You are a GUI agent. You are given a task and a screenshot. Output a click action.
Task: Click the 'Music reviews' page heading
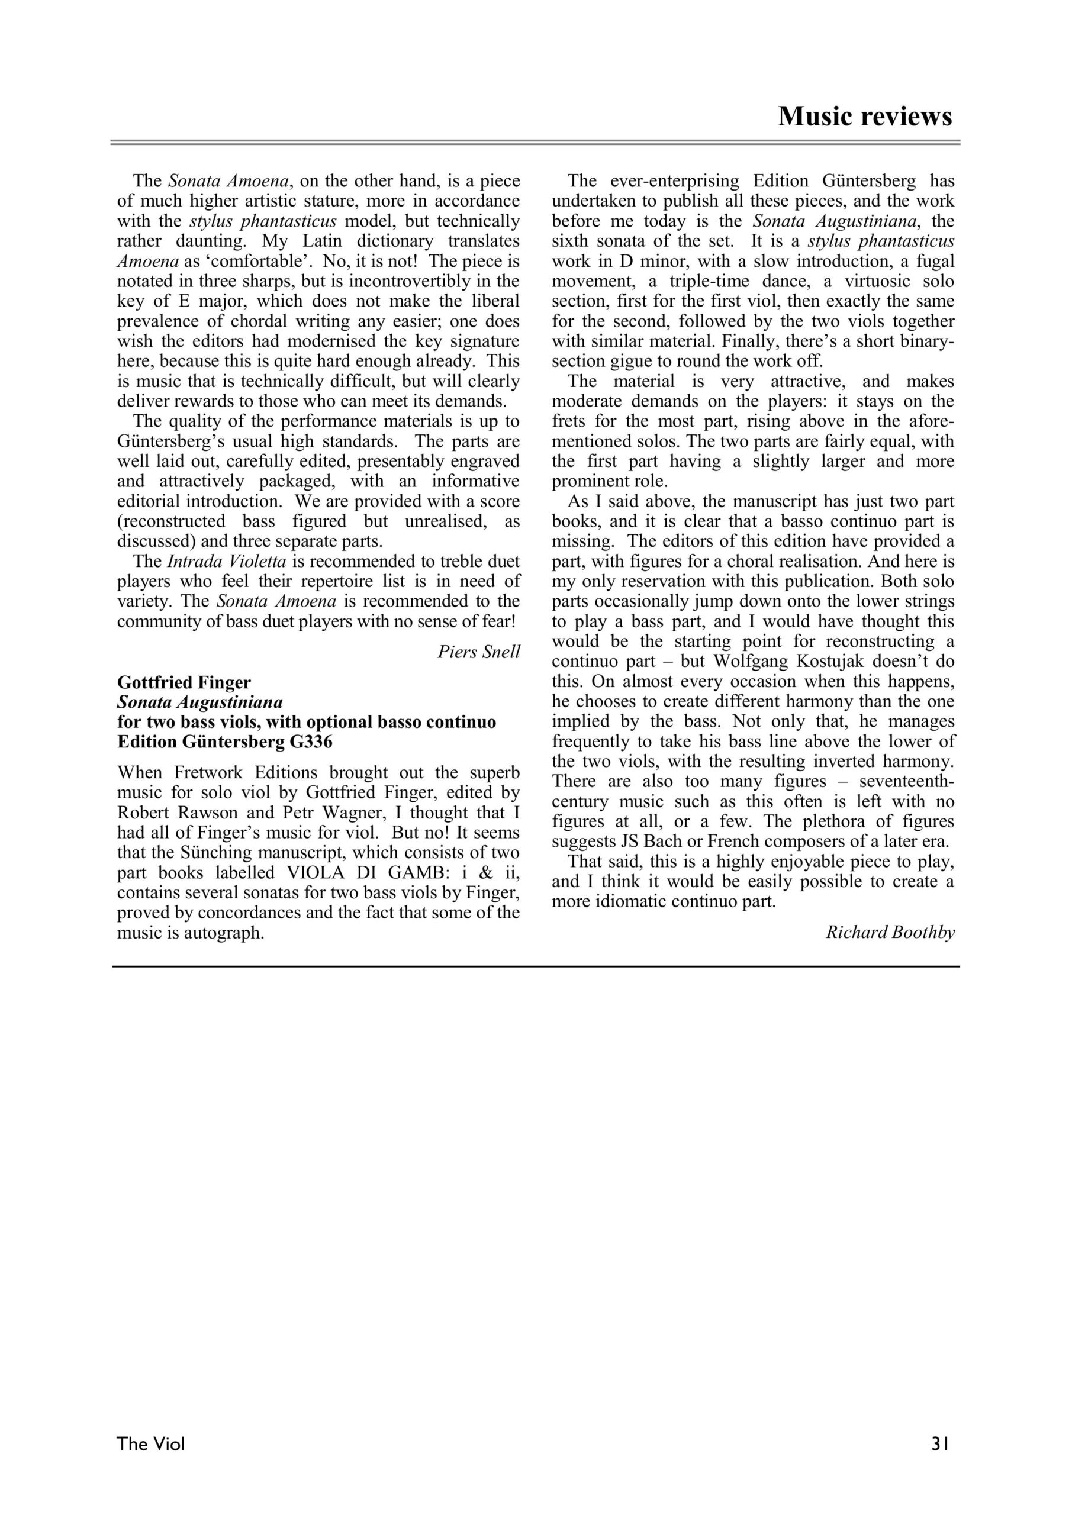865,116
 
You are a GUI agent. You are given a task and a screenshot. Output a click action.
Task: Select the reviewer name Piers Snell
478,652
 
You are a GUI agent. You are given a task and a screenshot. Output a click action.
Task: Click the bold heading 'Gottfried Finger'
184,682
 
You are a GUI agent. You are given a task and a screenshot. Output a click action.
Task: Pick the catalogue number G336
310,742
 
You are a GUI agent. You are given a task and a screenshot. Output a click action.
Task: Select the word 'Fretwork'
213,773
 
